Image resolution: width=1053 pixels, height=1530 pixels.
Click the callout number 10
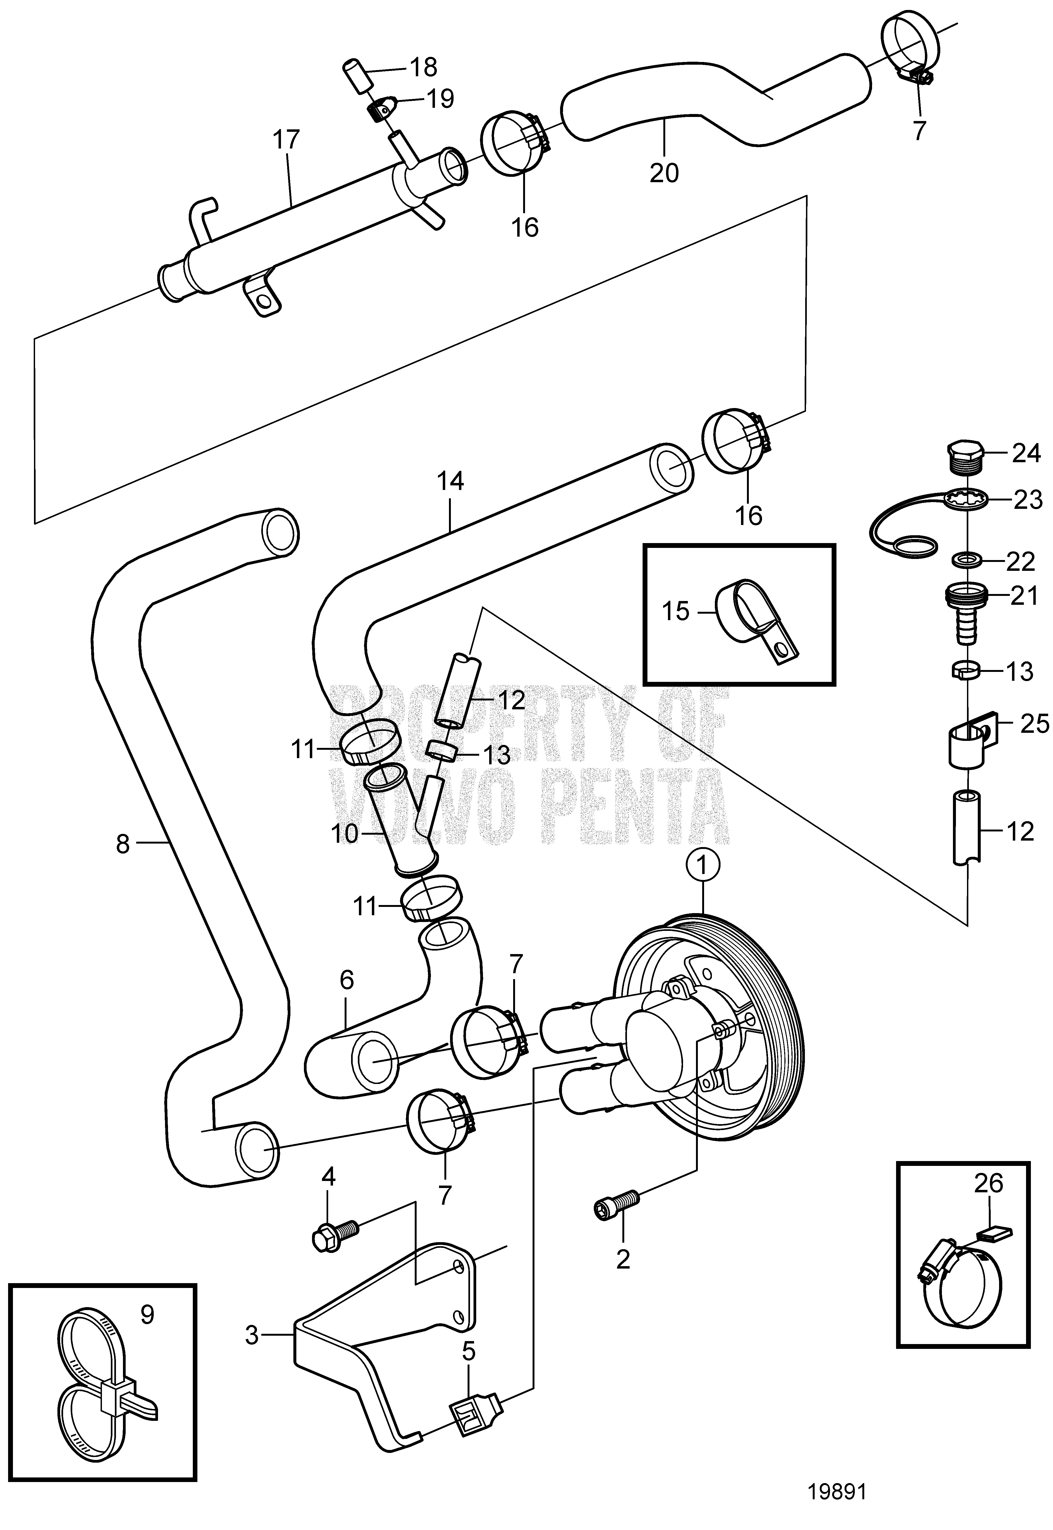tap(344, 834)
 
